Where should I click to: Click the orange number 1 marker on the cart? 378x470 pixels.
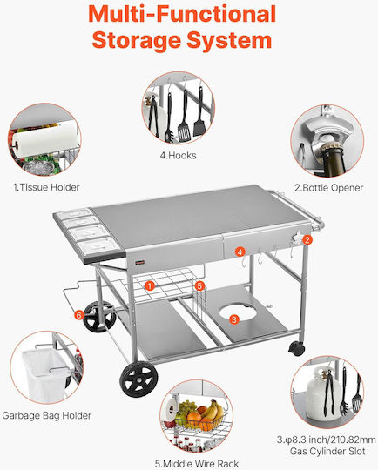(x=150, y=285)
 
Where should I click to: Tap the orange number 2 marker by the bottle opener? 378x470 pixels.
(x=307, y=240)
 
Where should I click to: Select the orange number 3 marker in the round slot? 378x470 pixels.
(x=234, y=319)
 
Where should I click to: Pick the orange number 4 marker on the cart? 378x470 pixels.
(x=240, y=252)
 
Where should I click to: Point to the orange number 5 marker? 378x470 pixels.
(x=199, y=285)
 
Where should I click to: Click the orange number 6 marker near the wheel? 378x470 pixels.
(x=79, y=315)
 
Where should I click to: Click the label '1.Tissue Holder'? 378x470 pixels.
(x=46, y=187)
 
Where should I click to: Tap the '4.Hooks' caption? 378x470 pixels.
(x=179, y=155)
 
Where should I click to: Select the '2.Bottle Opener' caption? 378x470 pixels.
(x=329, y=188)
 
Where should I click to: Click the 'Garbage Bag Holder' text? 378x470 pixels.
(x=46, y=415)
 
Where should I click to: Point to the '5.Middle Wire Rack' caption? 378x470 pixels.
(x=197, y=464)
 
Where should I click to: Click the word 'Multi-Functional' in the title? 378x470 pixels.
(x=182, y=14)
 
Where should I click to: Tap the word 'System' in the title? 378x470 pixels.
(x=230, y=41)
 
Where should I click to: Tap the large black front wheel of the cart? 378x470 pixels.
(x=138, y=379)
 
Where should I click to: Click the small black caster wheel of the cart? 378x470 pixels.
(x=297, y=349)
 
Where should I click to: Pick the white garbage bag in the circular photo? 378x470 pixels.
(x=45, y=374)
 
